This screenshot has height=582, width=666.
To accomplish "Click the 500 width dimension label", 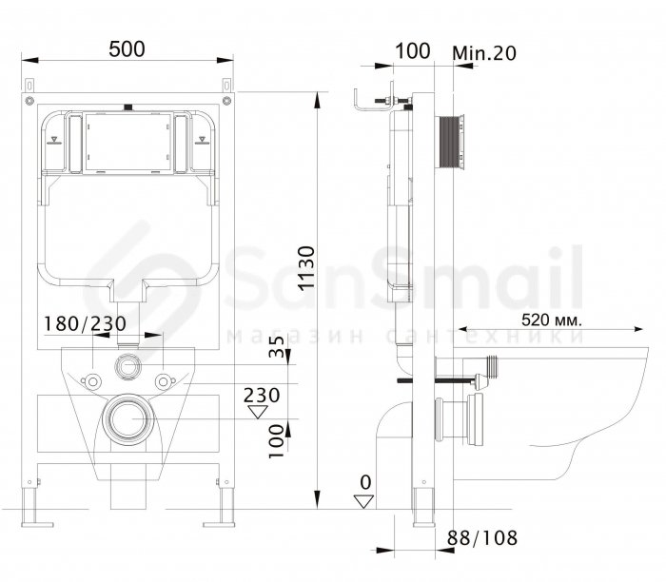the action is click(x=127, y=48).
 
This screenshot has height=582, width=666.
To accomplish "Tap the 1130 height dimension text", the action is click(x=306, y=268).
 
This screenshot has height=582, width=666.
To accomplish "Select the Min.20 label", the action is click(x=484, y=53).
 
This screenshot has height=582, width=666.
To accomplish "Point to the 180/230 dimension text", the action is click(x=86, y=324).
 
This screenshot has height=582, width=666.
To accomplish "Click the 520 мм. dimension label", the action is click(x=552, y=320).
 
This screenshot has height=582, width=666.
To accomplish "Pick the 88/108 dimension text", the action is click(x=482, y=538).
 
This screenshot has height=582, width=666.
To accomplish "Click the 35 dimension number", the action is click(x=277, y=346).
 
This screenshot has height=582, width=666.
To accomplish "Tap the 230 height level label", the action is click(x=262, y=396).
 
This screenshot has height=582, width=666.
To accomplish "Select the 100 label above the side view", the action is click(x=413, y=51).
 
